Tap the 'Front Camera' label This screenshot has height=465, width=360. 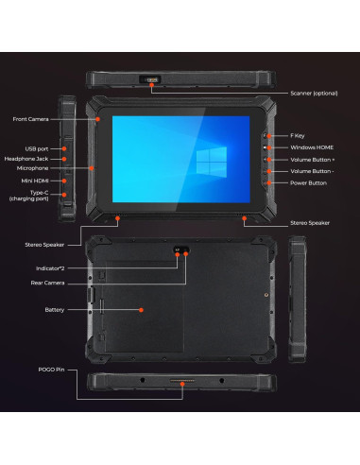pos(31,119)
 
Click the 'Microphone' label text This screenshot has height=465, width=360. pos(33,169)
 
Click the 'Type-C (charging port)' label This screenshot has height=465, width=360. pos(27,195)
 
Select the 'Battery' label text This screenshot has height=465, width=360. pos(55,309)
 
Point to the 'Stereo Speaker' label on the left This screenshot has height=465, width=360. pos(44,244)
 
